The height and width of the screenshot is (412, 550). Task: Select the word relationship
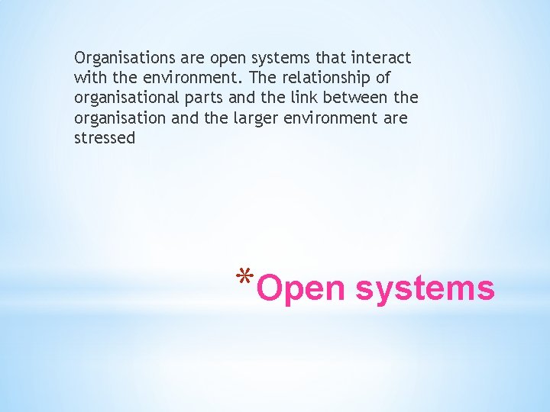tap(339, 78)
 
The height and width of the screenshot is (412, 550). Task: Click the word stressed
tap(105, 139)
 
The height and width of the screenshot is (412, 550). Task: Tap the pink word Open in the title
tap(300, 290)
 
